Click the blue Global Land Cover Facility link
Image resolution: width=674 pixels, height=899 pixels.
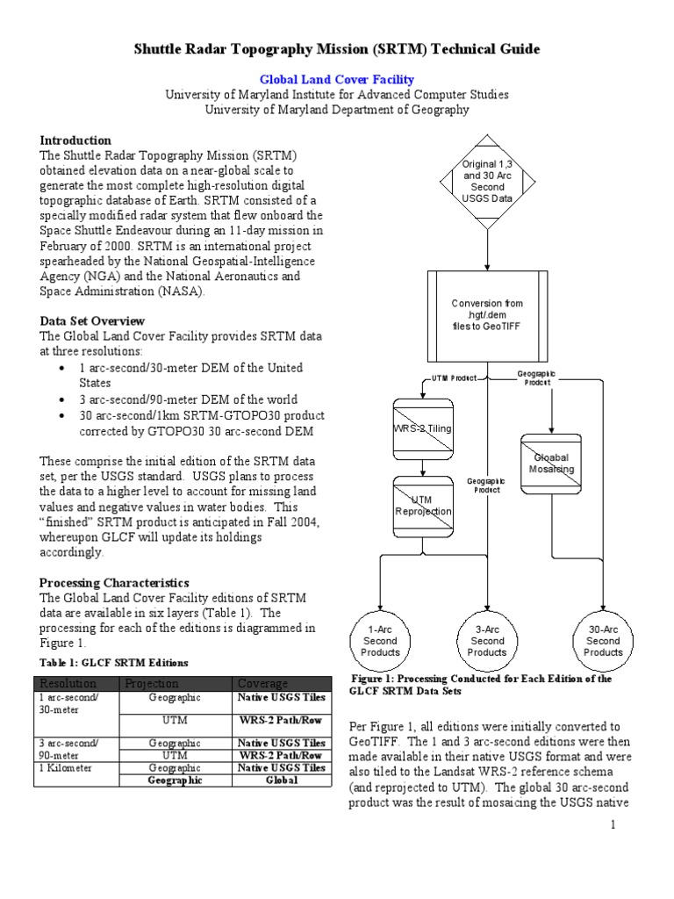(x=337, y=80)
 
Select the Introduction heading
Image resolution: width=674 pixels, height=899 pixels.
(x=76, y=140)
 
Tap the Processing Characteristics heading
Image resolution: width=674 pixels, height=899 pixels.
(x=114, y=583)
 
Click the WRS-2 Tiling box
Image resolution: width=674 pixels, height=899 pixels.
(x=422, y=429)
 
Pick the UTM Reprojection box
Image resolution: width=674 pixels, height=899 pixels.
(x=422, y=506)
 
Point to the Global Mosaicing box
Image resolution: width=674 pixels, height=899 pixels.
(x=551, y=463)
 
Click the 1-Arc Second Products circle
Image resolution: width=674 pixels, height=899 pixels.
(x=380, y=640)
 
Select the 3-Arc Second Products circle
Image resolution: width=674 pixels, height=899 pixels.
(x=487, y=640)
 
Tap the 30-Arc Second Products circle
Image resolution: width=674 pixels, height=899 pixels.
(x=603, y=640)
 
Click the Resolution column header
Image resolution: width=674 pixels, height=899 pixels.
(x=64, y=683)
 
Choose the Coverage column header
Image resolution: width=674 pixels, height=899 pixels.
(x=260, y=683)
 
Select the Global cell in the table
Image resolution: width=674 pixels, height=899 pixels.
(x=281, y=780)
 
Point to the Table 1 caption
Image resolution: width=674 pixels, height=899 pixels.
(x=114, y=662)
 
